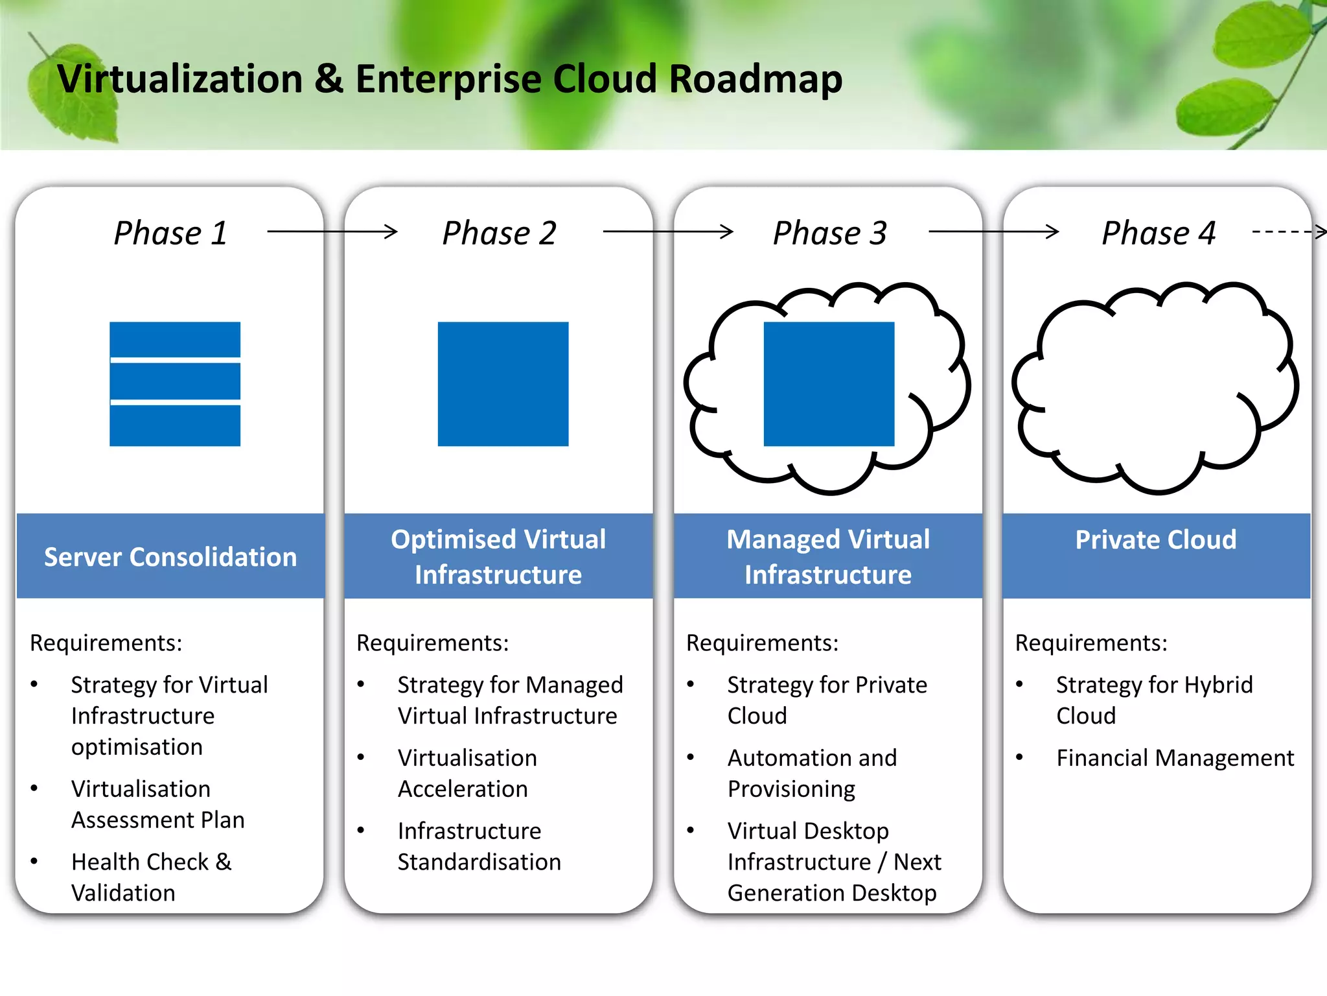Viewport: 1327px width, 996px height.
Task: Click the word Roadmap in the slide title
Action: click(755, 79)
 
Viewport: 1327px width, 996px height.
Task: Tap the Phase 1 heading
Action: click(170, 233)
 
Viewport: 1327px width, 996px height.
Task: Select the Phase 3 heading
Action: click(829, 233)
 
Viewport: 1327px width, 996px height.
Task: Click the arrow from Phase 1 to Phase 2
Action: click(332, 231)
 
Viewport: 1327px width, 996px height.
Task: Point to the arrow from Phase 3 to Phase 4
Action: click(993, 231)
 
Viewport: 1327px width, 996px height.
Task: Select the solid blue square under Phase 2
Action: click(503, 384)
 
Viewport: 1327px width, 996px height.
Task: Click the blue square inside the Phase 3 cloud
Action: click(829, 384)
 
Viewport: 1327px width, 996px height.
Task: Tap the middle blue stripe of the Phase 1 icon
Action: click(175, 381)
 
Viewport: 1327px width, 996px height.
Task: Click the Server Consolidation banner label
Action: click(170, 557)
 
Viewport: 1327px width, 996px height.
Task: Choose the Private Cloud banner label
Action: click(1156, 539)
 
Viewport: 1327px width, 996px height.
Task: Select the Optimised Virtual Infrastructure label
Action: click(498, 557)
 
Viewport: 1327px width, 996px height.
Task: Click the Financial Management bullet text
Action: click(1175, 757)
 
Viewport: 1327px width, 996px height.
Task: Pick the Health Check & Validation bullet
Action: click(151, 877)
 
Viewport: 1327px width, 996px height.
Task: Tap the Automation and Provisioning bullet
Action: click(812, 773)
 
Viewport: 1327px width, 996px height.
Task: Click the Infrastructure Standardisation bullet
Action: click(479, 846)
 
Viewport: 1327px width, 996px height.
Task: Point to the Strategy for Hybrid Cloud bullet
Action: click(1154, 700)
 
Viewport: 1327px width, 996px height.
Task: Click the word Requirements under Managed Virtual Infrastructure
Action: click(762, 643)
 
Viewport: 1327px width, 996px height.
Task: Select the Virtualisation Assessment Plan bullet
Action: click(157, 804)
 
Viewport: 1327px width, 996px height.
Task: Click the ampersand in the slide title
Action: click(329, 79)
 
